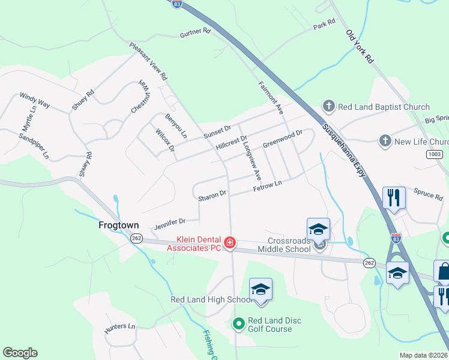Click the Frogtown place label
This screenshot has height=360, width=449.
(118, 226)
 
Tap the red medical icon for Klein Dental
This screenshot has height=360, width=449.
(229, 243)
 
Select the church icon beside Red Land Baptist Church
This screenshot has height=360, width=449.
(328, 107)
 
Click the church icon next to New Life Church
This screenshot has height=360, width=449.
(385, 142)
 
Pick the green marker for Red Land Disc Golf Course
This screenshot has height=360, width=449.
(238, 325)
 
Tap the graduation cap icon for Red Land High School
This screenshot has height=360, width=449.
(261, 289)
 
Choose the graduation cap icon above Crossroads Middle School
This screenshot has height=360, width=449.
(318, 229)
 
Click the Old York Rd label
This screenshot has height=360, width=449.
(360, 47)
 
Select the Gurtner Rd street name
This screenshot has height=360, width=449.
(195, 34)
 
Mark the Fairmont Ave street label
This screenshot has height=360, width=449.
(271, 98)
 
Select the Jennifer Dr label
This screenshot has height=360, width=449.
(169, 224)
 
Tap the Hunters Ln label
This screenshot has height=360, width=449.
(120, 327)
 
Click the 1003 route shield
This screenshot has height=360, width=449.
(435, 154)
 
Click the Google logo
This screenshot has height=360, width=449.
(20, 353)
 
